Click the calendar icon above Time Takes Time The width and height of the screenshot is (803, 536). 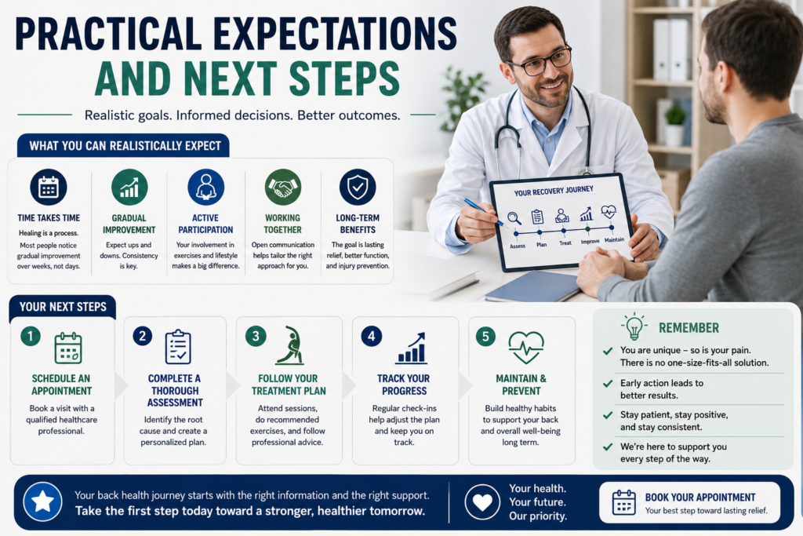coord(48,187)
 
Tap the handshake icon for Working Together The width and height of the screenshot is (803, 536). coord(282,187)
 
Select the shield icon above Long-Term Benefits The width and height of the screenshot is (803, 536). coord(358,187)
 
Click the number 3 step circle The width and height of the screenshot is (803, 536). coord(256,336)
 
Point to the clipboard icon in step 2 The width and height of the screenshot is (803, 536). coord(178,347)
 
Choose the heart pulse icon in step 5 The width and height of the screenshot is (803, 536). coord(526,348)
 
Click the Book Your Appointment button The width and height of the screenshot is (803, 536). coord(689,502)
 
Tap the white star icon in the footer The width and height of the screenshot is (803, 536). coord(42,501)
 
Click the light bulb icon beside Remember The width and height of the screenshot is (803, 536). coord(634,326)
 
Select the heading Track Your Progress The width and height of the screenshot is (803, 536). coord(404,385)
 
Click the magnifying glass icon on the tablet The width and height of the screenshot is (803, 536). coord(514,218)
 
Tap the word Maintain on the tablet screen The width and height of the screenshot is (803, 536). coord(614,240)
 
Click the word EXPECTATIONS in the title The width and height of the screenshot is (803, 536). coord(334,34)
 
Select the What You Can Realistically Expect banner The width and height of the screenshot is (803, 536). coord(123,146)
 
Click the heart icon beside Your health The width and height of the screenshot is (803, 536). coord(482,502)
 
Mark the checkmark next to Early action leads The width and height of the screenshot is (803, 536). coord(608,383)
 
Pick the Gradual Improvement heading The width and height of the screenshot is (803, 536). coord(129,224)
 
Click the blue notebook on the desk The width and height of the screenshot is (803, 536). coord(532,286)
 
